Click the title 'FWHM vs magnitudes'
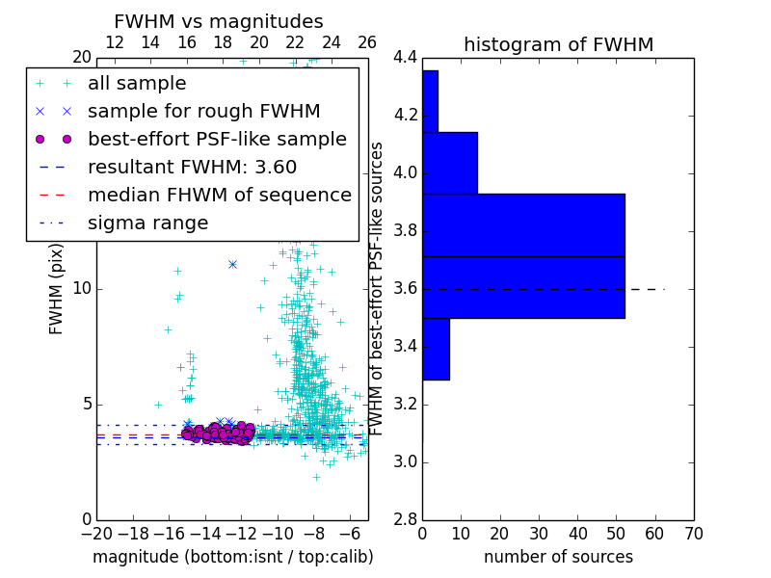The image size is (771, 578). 219,22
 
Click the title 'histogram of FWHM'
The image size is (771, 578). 558,44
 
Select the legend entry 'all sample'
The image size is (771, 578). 137,84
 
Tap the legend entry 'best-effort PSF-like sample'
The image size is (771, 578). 217,139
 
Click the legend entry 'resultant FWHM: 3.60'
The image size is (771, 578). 192,167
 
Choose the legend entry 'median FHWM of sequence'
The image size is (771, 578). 219,195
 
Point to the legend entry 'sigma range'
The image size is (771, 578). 147,223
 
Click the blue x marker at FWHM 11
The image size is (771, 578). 232,264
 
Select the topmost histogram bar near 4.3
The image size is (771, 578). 430,101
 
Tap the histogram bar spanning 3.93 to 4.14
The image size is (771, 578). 449,163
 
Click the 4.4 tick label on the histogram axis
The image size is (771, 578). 405,58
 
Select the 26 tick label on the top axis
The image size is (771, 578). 367,42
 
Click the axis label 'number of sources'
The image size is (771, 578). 558,557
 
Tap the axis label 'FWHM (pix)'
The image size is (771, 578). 57,289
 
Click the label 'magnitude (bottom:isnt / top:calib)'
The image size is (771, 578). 232,557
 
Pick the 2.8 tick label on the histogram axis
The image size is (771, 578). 405,519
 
